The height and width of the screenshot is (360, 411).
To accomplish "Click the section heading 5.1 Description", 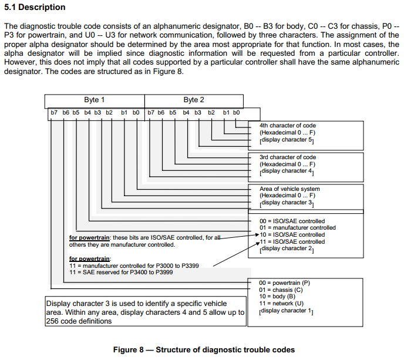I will point(35,7).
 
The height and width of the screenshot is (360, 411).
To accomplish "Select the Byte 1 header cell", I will point(95,100).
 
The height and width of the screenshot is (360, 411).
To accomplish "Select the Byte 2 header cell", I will point(194,100).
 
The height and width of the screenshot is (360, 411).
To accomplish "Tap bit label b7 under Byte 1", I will point(52,112).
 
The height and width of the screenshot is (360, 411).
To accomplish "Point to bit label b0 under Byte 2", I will point(236,112).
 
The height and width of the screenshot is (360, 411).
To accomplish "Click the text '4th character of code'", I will point(288,126).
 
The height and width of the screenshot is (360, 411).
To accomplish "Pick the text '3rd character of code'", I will point(288,157).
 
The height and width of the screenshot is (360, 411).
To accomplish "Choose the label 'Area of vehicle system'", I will point(289,189).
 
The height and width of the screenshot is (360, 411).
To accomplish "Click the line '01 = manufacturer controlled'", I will point(298,228).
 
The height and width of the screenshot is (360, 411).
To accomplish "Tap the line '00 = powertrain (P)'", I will point(285,283).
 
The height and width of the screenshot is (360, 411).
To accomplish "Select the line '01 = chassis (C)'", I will point(281,290).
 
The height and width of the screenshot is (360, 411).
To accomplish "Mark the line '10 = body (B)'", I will point(277,297).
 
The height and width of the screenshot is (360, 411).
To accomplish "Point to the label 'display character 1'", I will point(287,311).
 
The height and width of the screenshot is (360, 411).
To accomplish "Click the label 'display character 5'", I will point(287,140).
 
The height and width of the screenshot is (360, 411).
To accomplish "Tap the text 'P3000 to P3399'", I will point(178,265).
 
